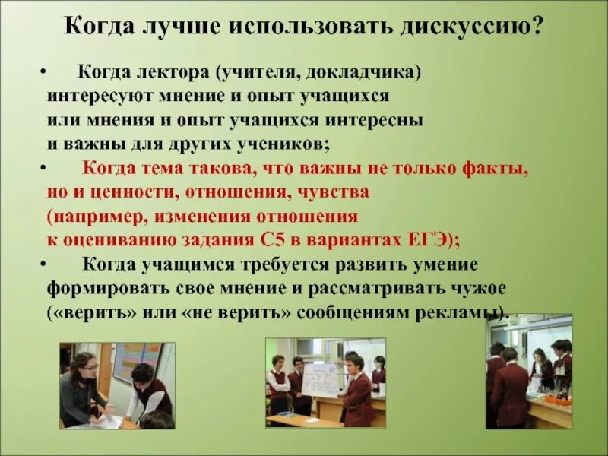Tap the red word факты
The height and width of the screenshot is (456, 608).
[x=496, y=169]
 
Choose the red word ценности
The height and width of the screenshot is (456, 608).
[x=121, y=192]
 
